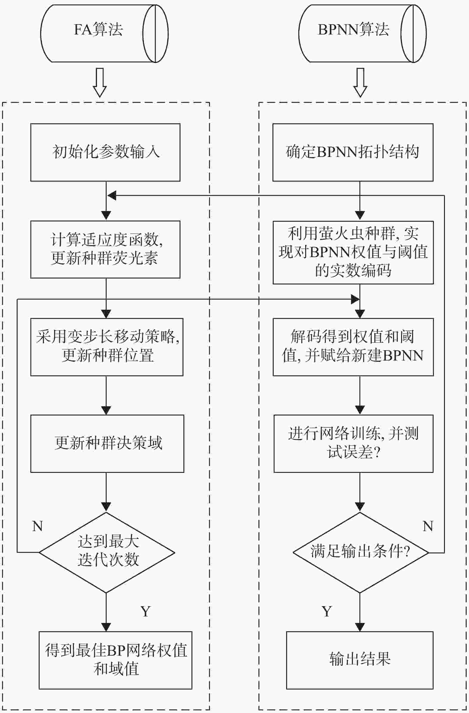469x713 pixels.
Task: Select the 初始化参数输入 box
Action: [105, 152]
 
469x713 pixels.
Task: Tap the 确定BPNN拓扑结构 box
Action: [353, 152]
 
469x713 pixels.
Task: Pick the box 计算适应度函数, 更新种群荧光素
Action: [105, 249]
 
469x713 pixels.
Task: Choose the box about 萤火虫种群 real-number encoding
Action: [353, 252]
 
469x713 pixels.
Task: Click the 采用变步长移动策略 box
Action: [107, 347]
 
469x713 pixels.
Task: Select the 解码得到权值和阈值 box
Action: [353, 347]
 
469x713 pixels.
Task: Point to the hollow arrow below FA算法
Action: [100, 82]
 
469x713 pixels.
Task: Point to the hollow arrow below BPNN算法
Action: [360, 82]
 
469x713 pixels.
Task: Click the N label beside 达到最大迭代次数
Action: [38, 526]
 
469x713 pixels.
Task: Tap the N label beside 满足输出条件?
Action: [428, 526]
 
